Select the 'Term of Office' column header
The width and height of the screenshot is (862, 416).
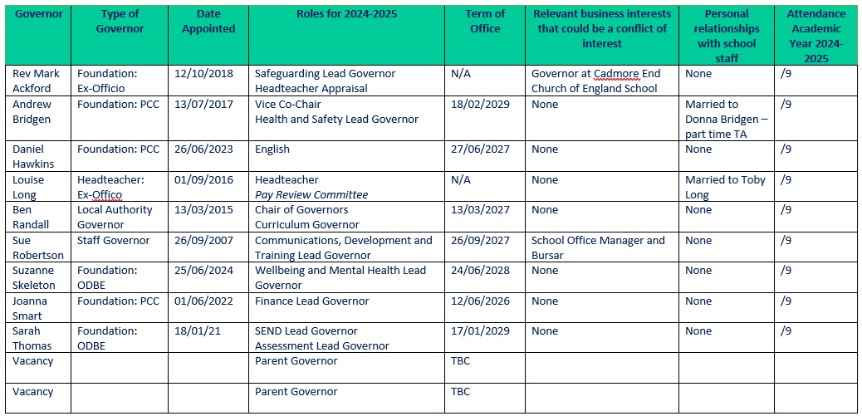(485, 21)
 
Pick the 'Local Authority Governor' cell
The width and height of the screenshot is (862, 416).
(115, 217)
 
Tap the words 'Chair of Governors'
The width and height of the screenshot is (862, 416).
(301, 210)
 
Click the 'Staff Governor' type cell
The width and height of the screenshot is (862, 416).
(114, 240)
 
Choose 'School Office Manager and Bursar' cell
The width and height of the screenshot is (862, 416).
(598, 247)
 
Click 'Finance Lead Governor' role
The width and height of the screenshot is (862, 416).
(311, 301)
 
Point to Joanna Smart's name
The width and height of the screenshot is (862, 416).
(32, 308)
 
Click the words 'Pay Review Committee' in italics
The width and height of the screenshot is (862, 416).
(311, 194)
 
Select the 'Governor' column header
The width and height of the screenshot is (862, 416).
(38, 13)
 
